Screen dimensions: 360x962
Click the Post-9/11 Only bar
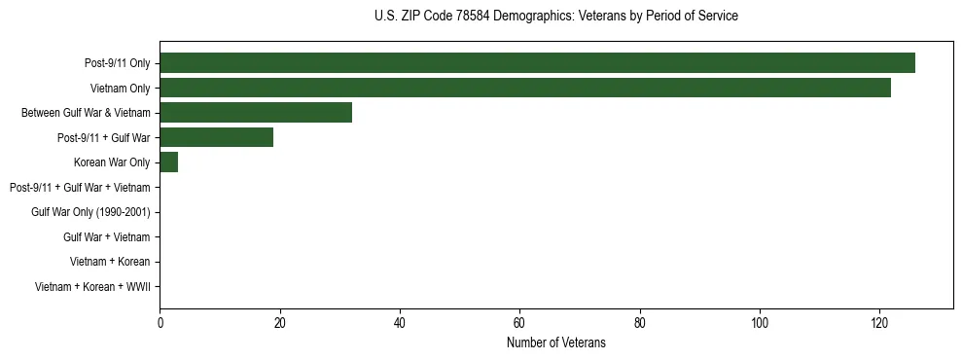click(537, 63)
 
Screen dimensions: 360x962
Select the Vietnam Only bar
click(525, 88)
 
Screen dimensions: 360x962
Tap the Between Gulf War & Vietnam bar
click(256, 113)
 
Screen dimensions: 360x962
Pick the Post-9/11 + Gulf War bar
click(216, 137)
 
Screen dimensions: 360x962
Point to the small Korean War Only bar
click(168, 162)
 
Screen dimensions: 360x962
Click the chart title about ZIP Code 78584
click(555, 17)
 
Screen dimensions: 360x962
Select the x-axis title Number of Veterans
click(555, 342)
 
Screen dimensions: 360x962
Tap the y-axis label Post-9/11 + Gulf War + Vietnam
click(80, 187)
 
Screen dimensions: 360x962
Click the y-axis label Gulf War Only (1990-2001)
click(90, 212)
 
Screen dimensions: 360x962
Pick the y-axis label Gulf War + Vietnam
click(106, 236)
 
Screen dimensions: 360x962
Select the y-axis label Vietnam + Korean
click(110, 262)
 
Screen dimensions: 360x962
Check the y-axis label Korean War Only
click(112, 162)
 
